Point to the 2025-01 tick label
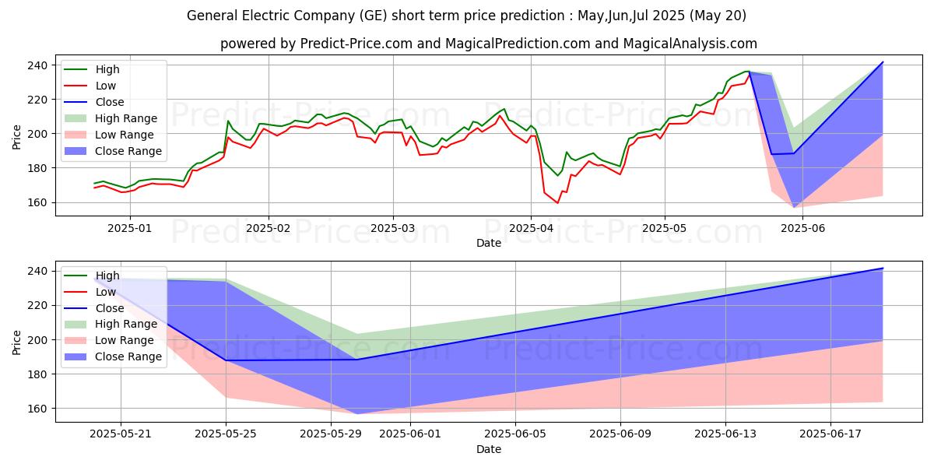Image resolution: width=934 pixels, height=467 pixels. (130, 228)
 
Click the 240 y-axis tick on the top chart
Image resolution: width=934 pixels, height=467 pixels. (38, 65)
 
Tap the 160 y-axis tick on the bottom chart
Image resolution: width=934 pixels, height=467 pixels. (38, 409)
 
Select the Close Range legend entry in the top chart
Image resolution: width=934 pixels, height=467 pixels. (128, 151)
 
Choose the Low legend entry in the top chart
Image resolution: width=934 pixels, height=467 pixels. (106, 86)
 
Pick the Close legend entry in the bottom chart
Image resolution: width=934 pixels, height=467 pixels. (109, 308)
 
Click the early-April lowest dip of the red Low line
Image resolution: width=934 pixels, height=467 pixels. (557, 203)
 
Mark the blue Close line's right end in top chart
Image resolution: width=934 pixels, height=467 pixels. (883, 62)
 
